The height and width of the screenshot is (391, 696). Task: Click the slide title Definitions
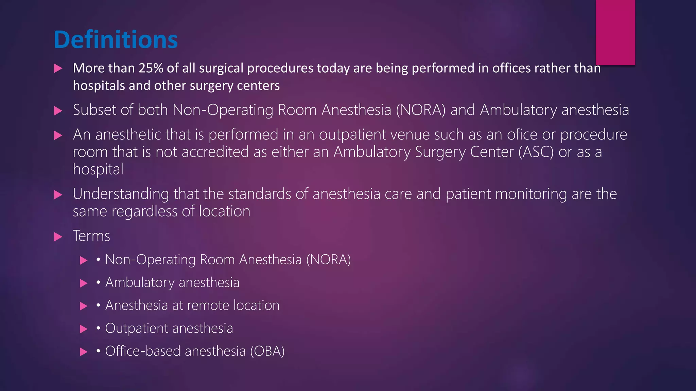[x=116, y=40]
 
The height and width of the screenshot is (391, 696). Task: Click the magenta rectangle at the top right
[x=615, y=32]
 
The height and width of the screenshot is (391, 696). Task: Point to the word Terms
[x=91, y=236]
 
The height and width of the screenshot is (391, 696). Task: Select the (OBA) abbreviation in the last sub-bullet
[x=267, y=351]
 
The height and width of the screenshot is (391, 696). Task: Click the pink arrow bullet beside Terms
[x=58, y=237]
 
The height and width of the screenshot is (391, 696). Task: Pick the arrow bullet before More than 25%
[x=58, y=69]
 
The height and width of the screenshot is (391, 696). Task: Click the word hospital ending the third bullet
[x=98, y=169]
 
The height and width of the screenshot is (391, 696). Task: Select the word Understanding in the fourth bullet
[x=121, y=194]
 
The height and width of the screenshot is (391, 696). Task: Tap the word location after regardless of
[x=224, y=211]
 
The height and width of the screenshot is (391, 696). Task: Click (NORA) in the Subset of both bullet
[x=420, y=110]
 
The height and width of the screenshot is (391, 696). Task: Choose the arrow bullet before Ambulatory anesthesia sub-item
[x=84, y=283]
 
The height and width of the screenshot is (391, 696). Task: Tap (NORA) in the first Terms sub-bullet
[x=328, y=260]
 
